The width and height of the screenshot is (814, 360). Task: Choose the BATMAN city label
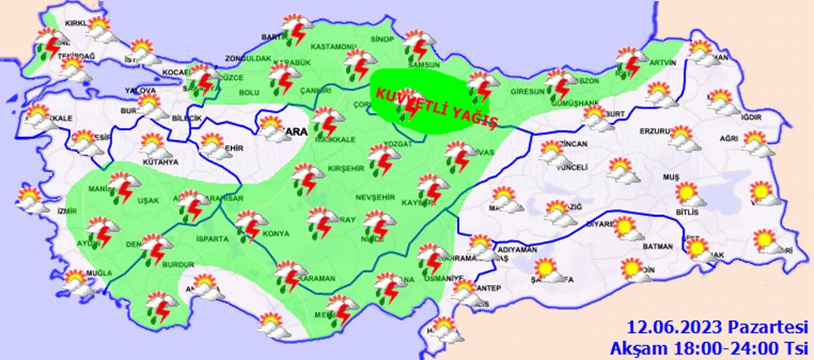coord(657,246)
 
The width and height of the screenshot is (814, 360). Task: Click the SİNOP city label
coord(383,38)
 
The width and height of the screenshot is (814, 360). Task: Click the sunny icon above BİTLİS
coord(686,193)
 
